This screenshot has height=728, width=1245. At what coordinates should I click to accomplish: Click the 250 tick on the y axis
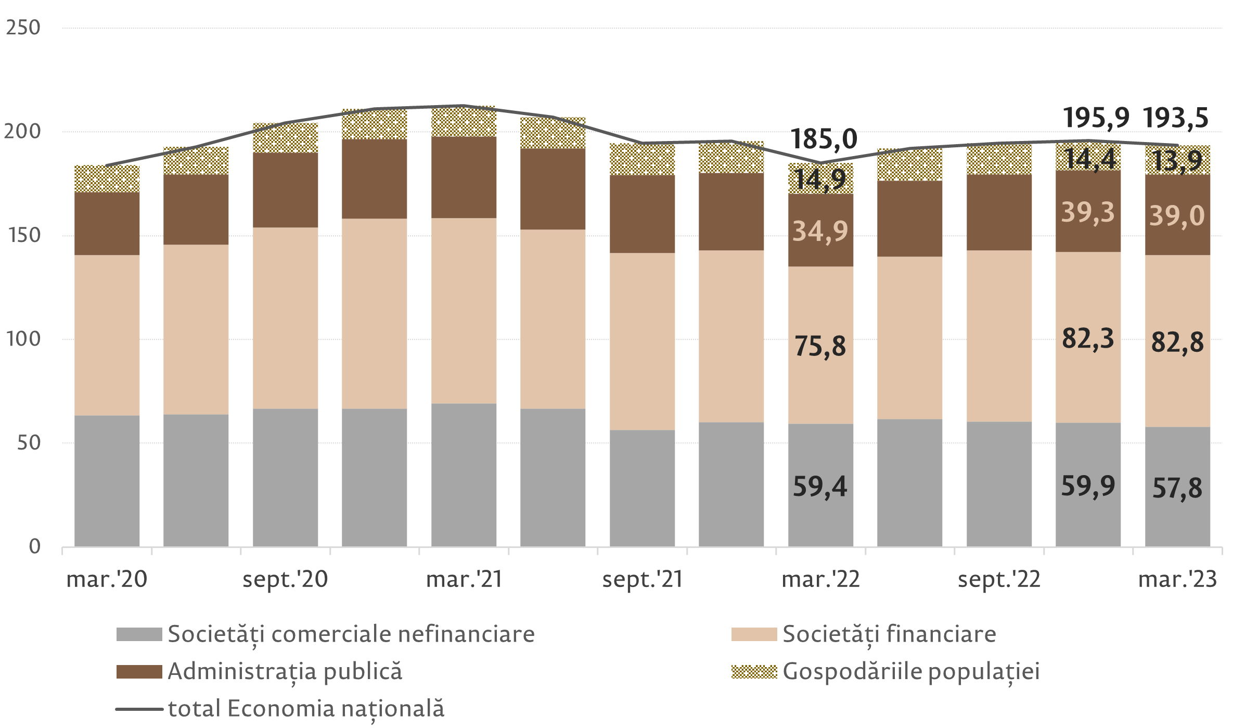click(23, 28)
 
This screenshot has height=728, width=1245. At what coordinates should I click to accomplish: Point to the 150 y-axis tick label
click(23, 235)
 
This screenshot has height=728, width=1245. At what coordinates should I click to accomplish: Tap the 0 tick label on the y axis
click(34, 546)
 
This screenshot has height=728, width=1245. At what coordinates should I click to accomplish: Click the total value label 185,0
click(824, 139)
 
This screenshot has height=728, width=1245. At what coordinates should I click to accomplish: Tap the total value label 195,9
click(1096, 118)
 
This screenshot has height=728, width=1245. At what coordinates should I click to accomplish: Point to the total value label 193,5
click(1176, 118)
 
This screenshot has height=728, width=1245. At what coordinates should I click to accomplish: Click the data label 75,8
click(820, 346)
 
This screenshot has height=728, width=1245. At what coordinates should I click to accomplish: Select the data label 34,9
click(820, 231)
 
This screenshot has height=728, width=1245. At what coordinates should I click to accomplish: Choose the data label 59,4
click(820, 487)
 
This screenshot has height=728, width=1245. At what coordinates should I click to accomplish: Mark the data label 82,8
click(1177, 342)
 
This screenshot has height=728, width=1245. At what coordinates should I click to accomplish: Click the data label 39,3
click(1088, 212)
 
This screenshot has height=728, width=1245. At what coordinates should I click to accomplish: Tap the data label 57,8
click(1177, 488)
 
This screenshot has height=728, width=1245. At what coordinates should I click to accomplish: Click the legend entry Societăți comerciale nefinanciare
click(351, 634)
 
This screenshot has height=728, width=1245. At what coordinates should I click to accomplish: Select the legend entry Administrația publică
click(285, 672)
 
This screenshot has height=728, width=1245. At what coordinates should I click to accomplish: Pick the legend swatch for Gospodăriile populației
click(754, 672)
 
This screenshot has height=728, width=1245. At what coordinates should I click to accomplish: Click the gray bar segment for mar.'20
click(107, 481)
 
